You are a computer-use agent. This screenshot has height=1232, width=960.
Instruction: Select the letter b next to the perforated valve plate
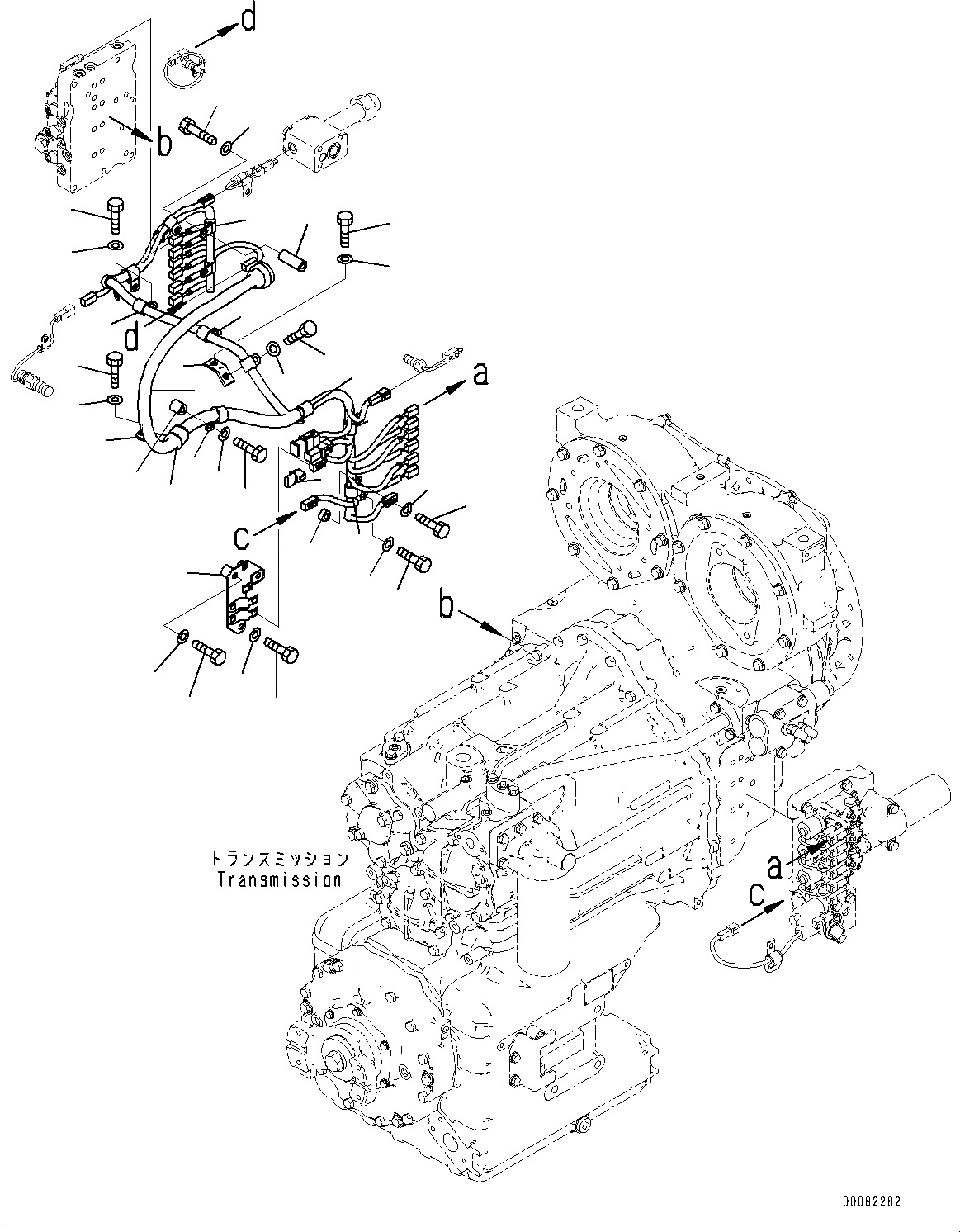point(164,143)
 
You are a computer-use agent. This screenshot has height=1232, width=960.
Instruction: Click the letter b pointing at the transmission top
point(447,607)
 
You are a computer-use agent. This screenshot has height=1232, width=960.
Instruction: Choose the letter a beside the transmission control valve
point(774,866)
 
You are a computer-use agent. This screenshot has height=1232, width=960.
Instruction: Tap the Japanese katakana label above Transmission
point(279,860)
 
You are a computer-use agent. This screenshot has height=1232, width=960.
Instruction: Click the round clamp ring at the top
point(182,65)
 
